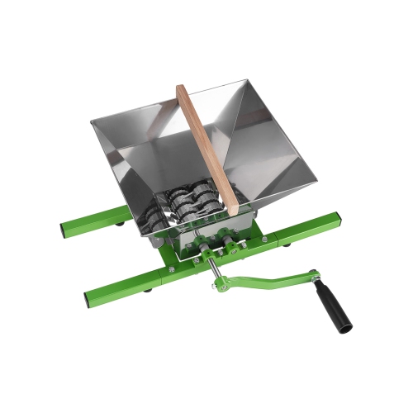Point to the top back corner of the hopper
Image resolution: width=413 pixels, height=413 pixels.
[249, 80]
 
